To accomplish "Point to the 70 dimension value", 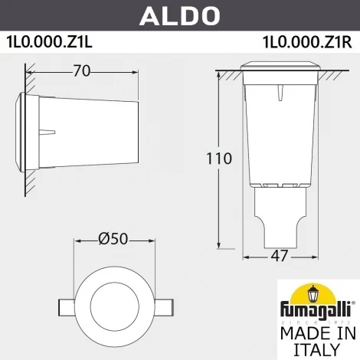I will pos(82,71).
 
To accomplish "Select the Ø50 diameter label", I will pos(113,239).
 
